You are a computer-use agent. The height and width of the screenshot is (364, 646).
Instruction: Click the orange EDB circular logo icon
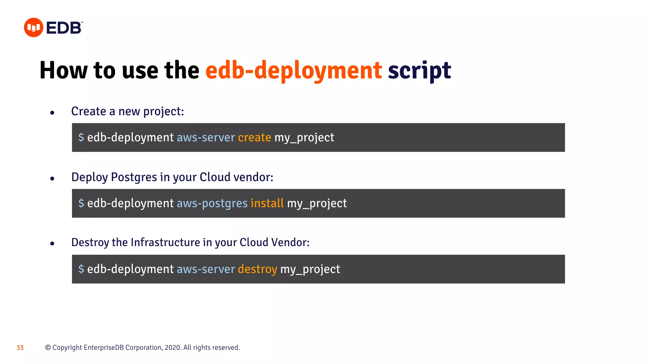pyautogui.click(x=33, y=27)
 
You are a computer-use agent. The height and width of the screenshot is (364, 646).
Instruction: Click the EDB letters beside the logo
pyautogui.click(x=64, y=28)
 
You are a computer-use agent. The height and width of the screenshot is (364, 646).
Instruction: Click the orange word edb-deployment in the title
pyautogui.click(x=294, y=70)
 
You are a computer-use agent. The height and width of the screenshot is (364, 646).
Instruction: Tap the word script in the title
pyautogui.click(x=419, y=70)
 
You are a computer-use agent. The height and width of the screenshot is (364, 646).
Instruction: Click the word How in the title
pyautogui.click(x=63, y=70)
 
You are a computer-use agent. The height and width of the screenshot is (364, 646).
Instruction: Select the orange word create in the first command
pyautogui.click(x=254, y=137)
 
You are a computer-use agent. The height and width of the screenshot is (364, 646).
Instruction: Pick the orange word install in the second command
pyautogui.click(x=267, y=203)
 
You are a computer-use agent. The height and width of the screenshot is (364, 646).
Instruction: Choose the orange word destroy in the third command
pyautogui.click(x=257, y=269)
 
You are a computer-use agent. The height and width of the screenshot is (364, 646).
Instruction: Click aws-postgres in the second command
pyautogui.click(x=212, y=203)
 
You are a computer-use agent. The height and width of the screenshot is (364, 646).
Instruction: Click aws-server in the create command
pyautogui.click(x=206, y=137)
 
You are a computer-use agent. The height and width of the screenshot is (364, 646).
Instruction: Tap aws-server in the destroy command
pyautogui.click(x=206, y=269)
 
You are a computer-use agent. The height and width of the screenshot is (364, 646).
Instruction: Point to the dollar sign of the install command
pyautogui.click(x=81, y=203)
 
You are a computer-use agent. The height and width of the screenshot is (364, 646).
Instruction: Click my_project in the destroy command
pyautogui.click(x=310, y=269)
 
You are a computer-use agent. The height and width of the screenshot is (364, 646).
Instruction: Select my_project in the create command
pyautogui.click(x=304, y=137)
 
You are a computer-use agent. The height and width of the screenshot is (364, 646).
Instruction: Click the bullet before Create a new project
pyautogui.click(x=52, y=112)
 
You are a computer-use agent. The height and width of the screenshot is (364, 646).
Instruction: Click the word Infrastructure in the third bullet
pyautogui.click(x=165, y=242)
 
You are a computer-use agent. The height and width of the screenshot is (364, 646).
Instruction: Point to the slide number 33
pyautogui.click(x=20, y=348)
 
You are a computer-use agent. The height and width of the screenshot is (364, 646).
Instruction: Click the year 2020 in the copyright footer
pyautogui.click(x=172, y=348)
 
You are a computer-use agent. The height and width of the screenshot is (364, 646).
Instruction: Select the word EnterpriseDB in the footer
pyautogui.click(x=104, y=348)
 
